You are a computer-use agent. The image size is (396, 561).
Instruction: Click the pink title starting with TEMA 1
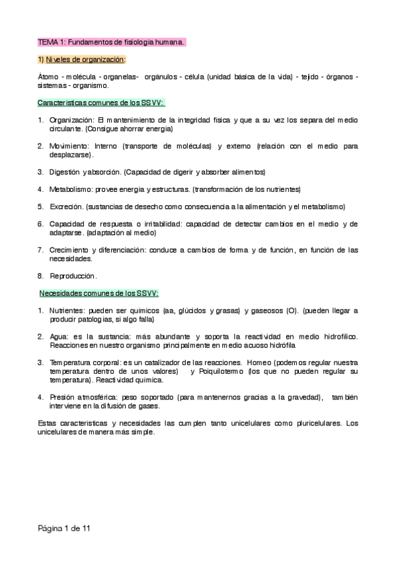[111, 42]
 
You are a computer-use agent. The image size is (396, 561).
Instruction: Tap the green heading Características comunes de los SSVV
[100, 103]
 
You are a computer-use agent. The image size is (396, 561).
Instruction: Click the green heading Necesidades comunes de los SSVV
[99, 293]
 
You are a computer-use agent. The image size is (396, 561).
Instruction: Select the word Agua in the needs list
[58, 336]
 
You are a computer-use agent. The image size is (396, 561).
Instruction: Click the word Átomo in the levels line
[48, 77]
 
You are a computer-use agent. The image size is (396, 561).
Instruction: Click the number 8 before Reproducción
[40, 275]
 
